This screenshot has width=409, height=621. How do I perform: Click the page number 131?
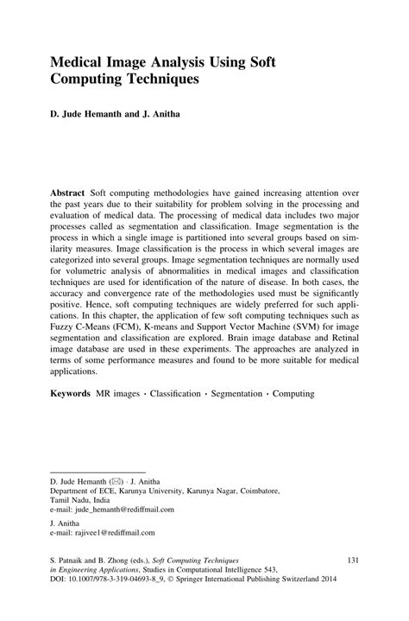coord(353,561)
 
